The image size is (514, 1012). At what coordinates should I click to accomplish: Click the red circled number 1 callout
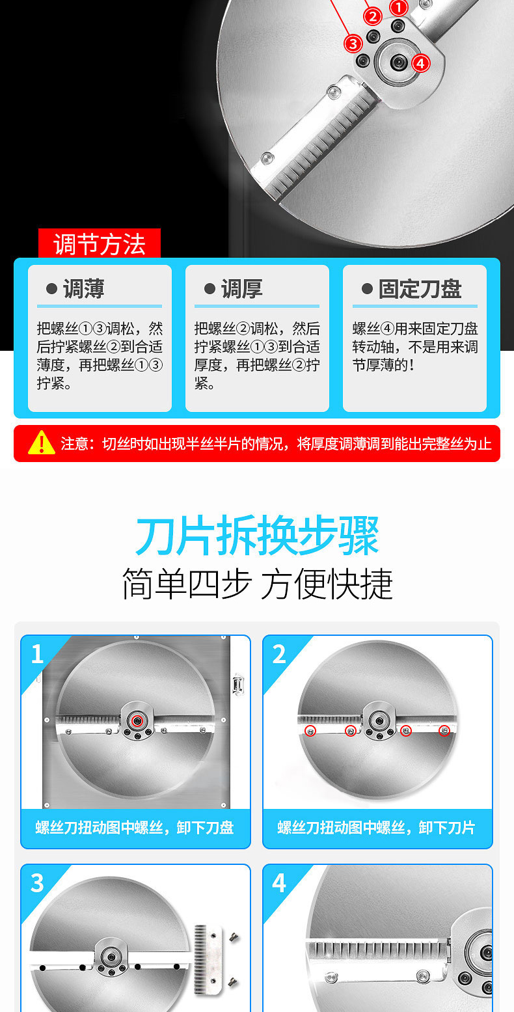398,7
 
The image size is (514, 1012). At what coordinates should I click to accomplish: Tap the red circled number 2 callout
373,17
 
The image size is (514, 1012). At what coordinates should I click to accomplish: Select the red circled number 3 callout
353,44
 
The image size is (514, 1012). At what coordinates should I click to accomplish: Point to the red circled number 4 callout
420,63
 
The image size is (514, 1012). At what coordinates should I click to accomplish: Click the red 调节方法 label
100,244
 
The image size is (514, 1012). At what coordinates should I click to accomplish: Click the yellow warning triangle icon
42,443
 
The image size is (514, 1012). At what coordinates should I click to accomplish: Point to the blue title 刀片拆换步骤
257,536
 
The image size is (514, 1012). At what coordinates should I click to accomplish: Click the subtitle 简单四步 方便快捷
257,584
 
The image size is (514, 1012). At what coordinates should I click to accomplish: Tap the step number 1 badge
37,654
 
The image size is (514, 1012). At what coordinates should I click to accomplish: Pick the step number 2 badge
279,654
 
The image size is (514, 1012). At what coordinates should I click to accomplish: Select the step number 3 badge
37,882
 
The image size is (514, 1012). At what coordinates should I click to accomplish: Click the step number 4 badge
279,882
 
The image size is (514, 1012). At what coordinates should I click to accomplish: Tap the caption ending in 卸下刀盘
135,827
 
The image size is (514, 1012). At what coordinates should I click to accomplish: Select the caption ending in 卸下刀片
376,827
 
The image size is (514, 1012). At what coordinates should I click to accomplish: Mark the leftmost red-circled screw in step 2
310,731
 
